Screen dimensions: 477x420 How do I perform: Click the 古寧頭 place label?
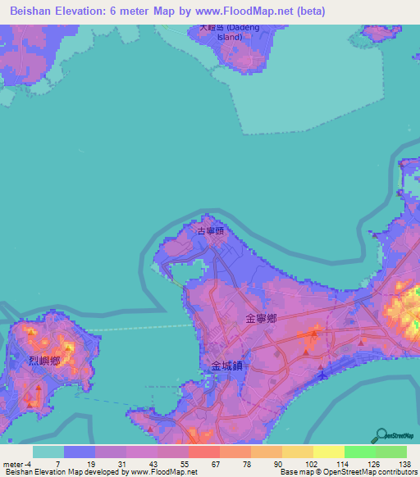(x=211, y=232)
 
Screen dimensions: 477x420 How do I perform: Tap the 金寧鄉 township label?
(x=260, y=317)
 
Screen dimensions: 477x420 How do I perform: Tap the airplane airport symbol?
(x=322, y=375)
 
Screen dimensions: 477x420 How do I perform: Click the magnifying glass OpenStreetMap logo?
(x=381, y=434)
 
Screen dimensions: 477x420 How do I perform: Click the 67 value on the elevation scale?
(x=214, y=464)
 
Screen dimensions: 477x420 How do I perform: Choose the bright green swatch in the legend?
(x=359, y=452)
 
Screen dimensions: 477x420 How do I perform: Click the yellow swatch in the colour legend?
(x=328, y=452)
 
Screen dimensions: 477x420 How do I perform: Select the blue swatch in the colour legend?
(x=80, y=452)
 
